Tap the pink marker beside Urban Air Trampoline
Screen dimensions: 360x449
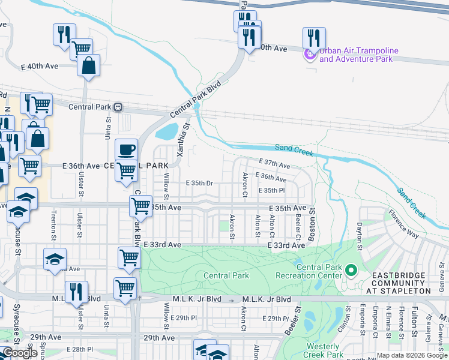pyautogui.click(x=310, y=55)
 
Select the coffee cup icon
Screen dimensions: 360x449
pyautogui.click(x=126, y=149)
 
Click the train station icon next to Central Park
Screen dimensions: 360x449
pyautogui.click(x=118, y=107)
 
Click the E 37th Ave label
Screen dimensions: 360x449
pyautogui.click(x=274, y=164)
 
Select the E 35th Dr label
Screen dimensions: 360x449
pyautogui.click(x=199, y=183)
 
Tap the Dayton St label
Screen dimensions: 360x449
pyautogui.click(x=360, y=236)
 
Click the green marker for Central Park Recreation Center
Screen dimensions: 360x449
pyautogui.click(x=351, y=271)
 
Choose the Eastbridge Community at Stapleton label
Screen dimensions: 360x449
pyautogui.click(x=399, y=283)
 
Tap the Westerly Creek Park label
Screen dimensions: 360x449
pyautogui.click(x=323, y=350)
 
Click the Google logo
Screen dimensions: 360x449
pyautogui.click(x=20, y=353)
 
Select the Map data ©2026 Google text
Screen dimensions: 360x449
pyautogui.click(x=411, y=355)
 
